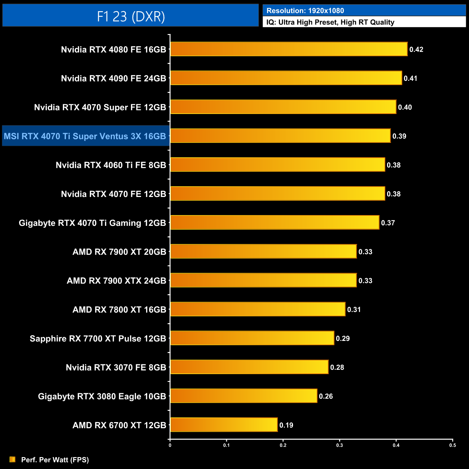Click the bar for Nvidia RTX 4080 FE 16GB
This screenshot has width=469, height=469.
(289, 49)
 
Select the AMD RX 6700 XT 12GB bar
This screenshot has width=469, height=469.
(224, 425)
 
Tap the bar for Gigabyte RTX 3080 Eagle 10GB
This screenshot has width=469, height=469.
(244, 396)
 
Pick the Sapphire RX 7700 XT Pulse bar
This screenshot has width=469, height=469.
(252, 338)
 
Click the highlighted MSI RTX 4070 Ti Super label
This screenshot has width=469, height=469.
(85, 136)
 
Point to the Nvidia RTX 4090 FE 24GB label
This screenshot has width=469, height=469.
(113, 78)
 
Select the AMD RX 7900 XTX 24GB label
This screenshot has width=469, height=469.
(116, 281)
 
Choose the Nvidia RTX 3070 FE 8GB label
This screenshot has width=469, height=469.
(116, 367)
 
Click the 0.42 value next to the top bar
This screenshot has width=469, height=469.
(416, 49)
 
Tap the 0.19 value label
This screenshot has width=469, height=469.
(286, 425)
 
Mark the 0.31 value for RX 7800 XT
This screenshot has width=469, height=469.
(354, 310)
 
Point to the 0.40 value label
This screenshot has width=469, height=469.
(405, 107)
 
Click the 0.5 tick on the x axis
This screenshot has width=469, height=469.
(452, 445)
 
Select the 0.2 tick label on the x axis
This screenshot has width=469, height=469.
(283, 445)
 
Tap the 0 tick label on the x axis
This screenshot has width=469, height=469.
(170, 445)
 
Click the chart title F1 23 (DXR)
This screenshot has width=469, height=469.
(131, 16)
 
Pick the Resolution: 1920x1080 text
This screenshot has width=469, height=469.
(305, 11)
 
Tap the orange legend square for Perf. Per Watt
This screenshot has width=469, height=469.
(13, 459)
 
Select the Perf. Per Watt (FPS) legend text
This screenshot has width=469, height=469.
(55, 460)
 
